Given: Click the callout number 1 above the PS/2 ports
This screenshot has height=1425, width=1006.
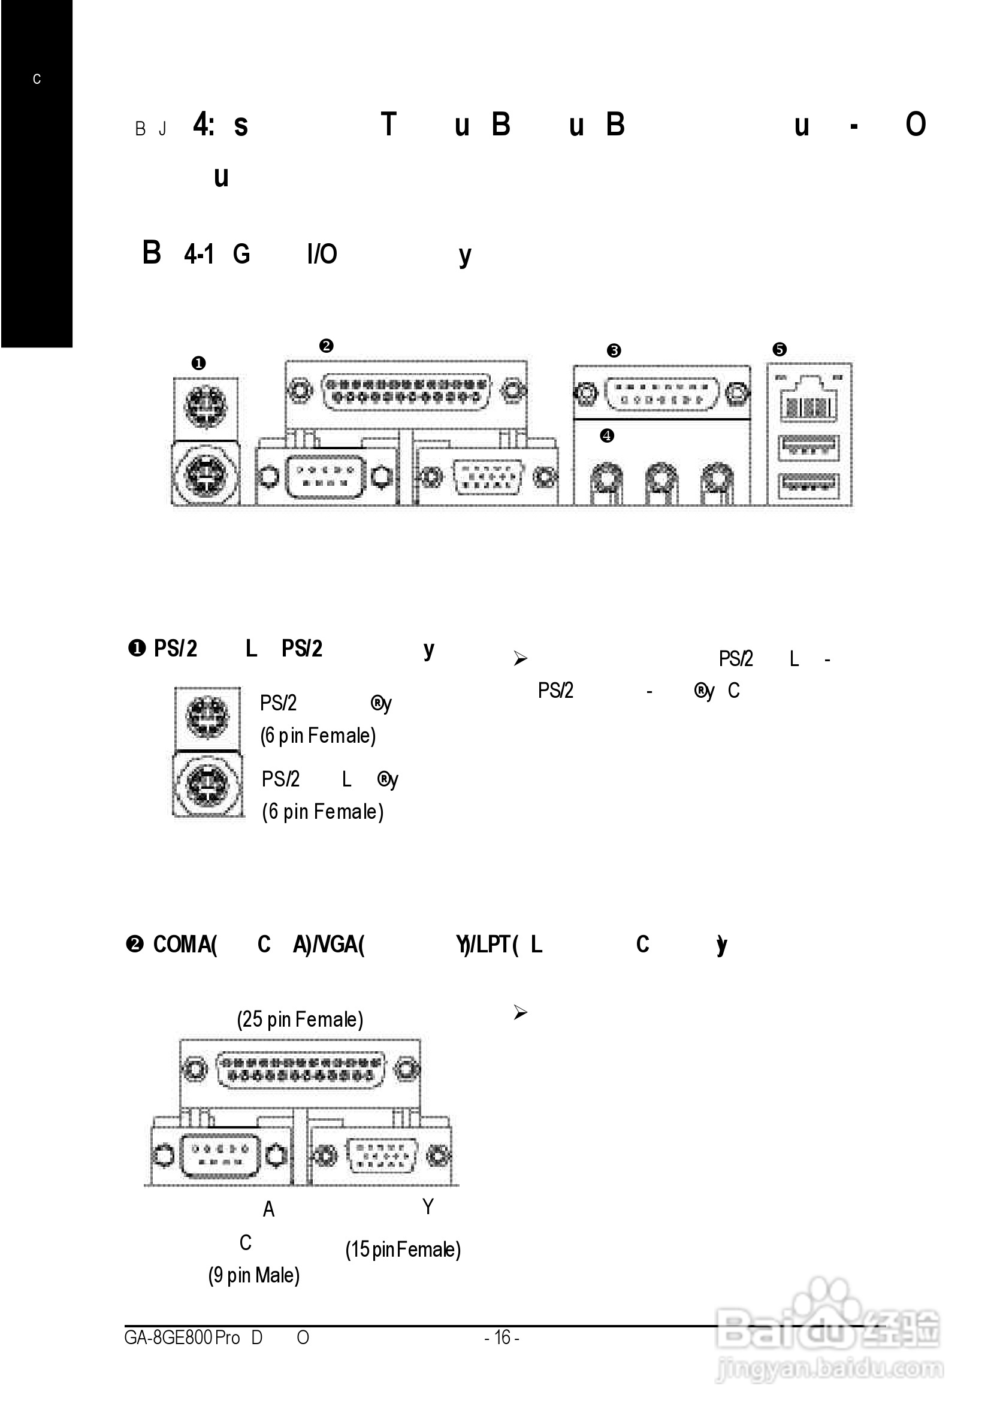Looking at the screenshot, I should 198,363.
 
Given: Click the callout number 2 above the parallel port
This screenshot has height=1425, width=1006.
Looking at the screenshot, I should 326,346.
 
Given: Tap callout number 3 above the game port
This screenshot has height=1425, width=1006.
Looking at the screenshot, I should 614,350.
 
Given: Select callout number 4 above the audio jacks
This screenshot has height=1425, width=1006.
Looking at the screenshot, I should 607,435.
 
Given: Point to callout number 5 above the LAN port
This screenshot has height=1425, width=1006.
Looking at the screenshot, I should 780,349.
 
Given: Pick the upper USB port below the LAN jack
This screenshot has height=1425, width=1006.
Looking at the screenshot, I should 808,447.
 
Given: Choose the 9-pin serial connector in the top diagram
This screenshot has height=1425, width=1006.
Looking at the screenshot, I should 325,477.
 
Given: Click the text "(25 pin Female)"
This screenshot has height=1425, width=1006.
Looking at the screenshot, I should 300,1019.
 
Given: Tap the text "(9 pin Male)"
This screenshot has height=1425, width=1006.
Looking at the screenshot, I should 254,1275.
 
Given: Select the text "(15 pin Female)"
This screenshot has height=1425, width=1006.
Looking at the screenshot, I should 403,1249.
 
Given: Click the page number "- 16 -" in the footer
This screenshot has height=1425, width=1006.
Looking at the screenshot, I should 502,1337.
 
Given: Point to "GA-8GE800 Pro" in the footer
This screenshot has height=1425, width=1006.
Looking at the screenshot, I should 182,1337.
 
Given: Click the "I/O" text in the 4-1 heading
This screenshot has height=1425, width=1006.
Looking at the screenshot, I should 322,254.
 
